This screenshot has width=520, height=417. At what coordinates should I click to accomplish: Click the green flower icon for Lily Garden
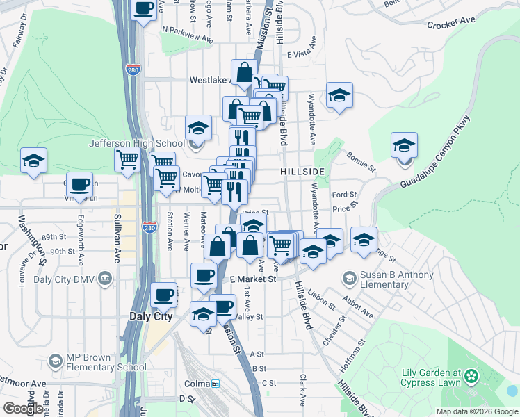coord(472,376)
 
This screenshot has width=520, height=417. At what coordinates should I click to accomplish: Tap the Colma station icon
coord(216,383)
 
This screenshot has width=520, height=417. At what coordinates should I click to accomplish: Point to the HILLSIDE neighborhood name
coord(302,171)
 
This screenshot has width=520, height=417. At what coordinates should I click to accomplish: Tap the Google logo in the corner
coord(22,409)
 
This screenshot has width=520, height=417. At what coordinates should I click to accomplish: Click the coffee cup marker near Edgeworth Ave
coord(80,185)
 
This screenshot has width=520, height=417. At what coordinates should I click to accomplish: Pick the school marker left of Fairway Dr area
coord(33,161)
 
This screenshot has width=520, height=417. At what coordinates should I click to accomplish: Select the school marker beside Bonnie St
coord(404,146)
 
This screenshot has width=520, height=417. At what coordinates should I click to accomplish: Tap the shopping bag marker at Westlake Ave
coord(244,72)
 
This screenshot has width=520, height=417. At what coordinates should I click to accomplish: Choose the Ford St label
coord(344,195)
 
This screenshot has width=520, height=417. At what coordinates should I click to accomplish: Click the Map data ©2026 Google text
coord(476,411)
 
